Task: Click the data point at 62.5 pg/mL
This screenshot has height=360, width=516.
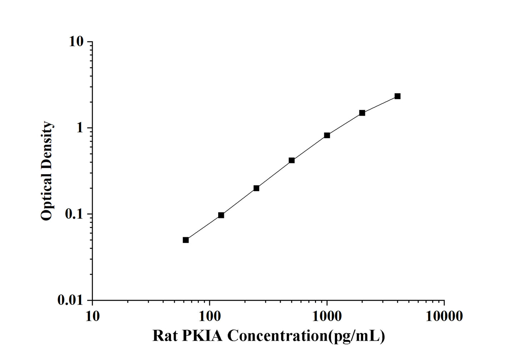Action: pyautogui.click(x=186, y=240)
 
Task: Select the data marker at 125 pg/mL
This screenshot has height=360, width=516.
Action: pyautogui.click(x=221, y=215)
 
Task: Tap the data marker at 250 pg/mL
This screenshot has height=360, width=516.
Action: pyautogui.click(x=256, y=188)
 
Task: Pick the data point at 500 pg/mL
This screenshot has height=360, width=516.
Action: pyautogui.click(x=292, y=161)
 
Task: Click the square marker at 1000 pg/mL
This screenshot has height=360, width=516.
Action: pyautogui.click(x=327, y=135)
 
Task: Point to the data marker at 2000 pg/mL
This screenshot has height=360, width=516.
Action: pyautogui.click(x=362, y=113)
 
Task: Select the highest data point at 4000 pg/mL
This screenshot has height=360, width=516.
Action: pyautogui.click(x=397, y=96)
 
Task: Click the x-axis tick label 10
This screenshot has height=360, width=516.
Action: pyautogui.click(x=92, y=316)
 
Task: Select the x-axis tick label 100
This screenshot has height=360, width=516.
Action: pyautogui.click(x=210, y=316)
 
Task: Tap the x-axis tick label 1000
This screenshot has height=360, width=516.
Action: pyautogui.click(x=327, y=316)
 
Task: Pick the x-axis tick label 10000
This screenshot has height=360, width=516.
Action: pyautogui.click(x=444, y=316)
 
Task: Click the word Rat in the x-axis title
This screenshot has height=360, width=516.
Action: pyautogui.click(x=165, y=336)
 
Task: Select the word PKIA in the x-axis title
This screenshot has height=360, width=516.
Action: pyautogui.click(x=202, y=336)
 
